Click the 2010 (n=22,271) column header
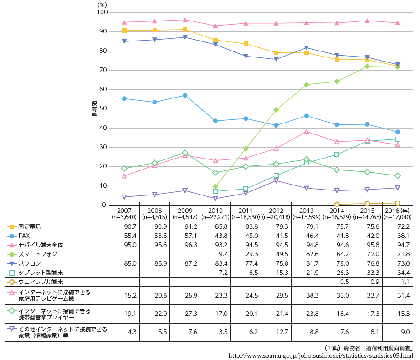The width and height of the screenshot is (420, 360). (x=215, y=214)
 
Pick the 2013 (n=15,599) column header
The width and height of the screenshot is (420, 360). (x=307, y=214)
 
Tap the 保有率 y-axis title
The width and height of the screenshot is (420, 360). (x=94, y=108)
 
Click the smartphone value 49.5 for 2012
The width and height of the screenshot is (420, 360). (x=276, y=254)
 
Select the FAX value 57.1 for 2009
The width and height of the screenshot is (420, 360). (x=184, y=236)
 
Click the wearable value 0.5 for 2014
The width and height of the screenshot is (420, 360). (x=337, y=282)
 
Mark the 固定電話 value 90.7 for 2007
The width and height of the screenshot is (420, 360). (x=124, y=226)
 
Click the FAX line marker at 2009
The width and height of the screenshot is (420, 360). (x=185, y=95)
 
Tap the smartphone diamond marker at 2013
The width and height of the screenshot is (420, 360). (x=307, y=85)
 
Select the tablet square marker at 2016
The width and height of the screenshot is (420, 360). (x=397, y=139)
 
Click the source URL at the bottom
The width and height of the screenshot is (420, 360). (x=321, y=355)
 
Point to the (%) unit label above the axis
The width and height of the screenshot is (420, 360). (x=102, y=4)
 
